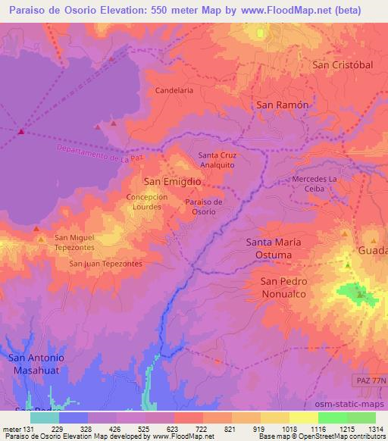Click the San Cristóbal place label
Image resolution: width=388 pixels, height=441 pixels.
point(343,65)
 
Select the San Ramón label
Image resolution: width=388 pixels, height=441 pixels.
point(283,105)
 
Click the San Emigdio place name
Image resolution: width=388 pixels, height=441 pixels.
point(172,183)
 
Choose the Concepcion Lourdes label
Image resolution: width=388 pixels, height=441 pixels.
point(147,202)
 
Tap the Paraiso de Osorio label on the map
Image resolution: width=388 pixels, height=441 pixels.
point(202,207)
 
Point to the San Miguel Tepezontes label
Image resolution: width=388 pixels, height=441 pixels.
point(74,242)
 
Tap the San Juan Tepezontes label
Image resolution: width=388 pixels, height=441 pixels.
point(105,264)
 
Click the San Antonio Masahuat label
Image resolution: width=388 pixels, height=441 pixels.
point(36,364)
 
